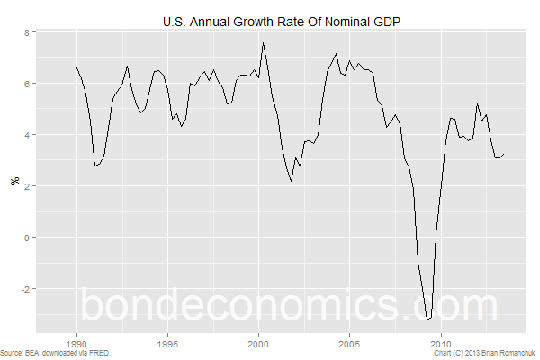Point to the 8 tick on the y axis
[27, 32]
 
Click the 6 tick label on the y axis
[27, 84]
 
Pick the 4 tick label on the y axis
[27, 135]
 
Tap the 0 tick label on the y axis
[27, 238]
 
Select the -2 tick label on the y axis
[25, 289]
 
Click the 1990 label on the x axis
[76, 344]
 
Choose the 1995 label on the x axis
[167, 344]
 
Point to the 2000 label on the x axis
[258, 344]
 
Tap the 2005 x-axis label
[349, 344]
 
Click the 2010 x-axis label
[441, 344]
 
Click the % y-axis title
[14, 181]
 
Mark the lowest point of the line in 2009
[427, 319]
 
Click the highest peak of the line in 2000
[263, 42]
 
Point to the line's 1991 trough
[95, 166]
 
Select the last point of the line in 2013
[504, 154]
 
